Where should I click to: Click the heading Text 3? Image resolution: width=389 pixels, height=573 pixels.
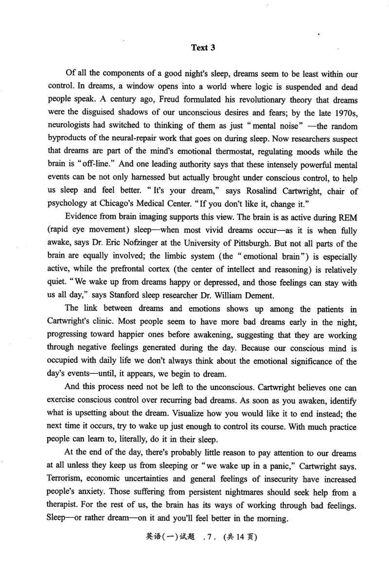pyautogui.click(x=203, y=48)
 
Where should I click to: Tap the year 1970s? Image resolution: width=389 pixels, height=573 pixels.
pyautogui.click(x=344, y=126)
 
